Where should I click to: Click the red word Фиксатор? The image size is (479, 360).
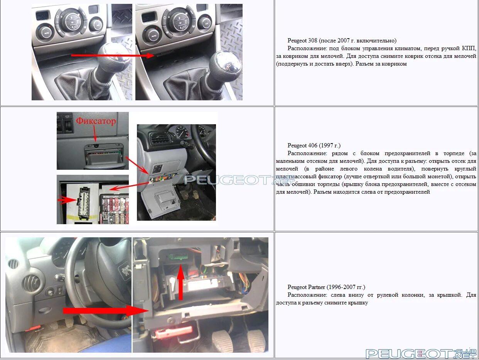coord(96,121)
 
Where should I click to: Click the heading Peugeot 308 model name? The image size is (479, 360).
coord(302,41)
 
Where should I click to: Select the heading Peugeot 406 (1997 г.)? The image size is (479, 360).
coord(314,145)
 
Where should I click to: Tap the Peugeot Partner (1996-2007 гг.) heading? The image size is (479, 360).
coord(326,287)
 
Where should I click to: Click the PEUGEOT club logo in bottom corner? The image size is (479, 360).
coord(421,353)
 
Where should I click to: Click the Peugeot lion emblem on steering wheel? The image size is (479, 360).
coord(125,271)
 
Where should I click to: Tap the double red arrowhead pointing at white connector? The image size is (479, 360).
coord(67,200)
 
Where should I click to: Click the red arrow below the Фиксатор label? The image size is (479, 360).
coord(95,134)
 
